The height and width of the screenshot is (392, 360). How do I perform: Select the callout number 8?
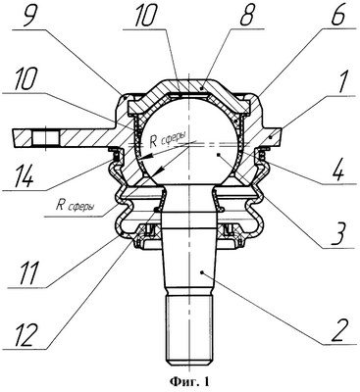248,15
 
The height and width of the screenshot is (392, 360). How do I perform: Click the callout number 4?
337,171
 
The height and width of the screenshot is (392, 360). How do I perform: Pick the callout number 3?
337,234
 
